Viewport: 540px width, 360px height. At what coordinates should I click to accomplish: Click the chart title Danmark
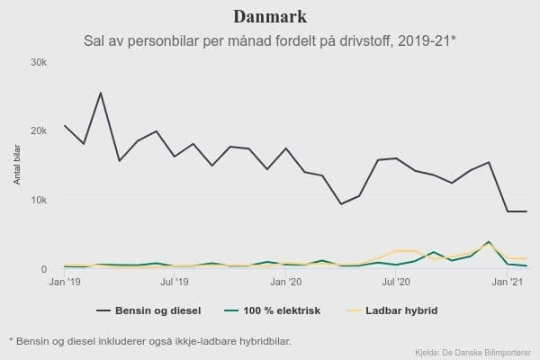[270, 17]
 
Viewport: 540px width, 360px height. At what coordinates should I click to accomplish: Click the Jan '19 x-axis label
[64, 283]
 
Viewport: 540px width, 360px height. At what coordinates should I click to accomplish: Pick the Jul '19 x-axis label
[175, 283]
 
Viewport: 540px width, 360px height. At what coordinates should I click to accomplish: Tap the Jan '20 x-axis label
[286, 283]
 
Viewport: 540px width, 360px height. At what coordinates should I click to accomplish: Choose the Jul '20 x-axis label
[396, 283]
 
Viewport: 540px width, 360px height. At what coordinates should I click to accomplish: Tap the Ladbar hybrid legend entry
[390, 311]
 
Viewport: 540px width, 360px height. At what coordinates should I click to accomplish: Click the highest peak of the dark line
[101, 93]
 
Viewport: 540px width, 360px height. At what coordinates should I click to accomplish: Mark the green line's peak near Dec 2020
[489, 242]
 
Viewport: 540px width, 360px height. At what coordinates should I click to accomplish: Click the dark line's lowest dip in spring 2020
[341, 204]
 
